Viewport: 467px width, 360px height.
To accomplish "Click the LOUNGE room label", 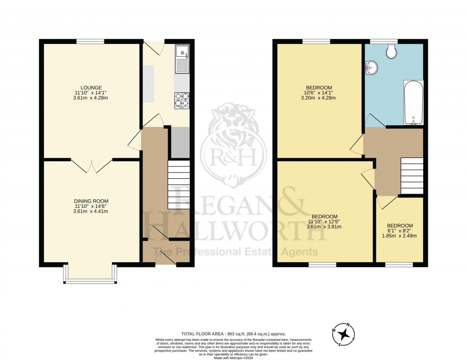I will [91, 87].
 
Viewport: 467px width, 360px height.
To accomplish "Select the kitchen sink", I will [182, 59].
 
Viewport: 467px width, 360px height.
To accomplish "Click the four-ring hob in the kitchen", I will [182, 100].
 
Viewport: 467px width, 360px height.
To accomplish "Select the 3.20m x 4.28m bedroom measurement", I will [319, 98].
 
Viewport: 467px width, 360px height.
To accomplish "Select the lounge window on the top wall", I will [91, 41].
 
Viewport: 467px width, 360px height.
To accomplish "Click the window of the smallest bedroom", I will [399, 264].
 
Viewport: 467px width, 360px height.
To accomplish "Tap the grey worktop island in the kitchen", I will [149, 84].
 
